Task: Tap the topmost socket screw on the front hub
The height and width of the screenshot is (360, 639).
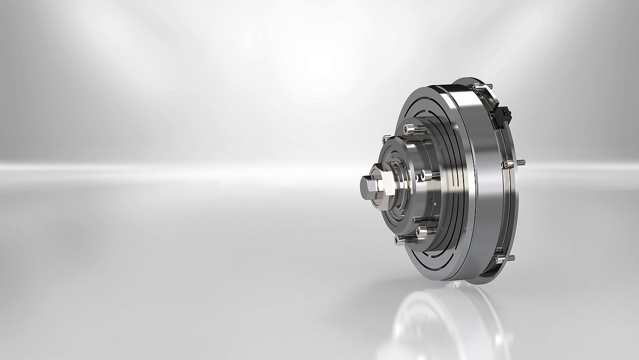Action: pyautogui.click(x=410, y=129)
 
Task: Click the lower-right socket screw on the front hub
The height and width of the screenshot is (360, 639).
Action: pyautogui.click(x=422, y=231)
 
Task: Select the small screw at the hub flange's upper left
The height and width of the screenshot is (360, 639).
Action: pyautogui.click(x=385, y=140)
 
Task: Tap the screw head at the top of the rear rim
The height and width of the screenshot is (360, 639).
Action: pyautogui.click(x=476, y=87)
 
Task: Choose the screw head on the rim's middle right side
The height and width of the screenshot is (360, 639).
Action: pyautogui.click(x=506, y=164)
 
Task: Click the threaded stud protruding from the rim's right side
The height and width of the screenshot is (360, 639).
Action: pyautogui.click(x=520, y=162)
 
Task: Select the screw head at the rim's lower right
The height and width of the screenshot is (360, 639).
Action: pyautogui.click(x=500, y=259)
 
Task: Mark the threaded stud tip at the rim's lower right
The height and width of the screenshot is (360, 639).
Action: pyautogui.click(x=511, y=257)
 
